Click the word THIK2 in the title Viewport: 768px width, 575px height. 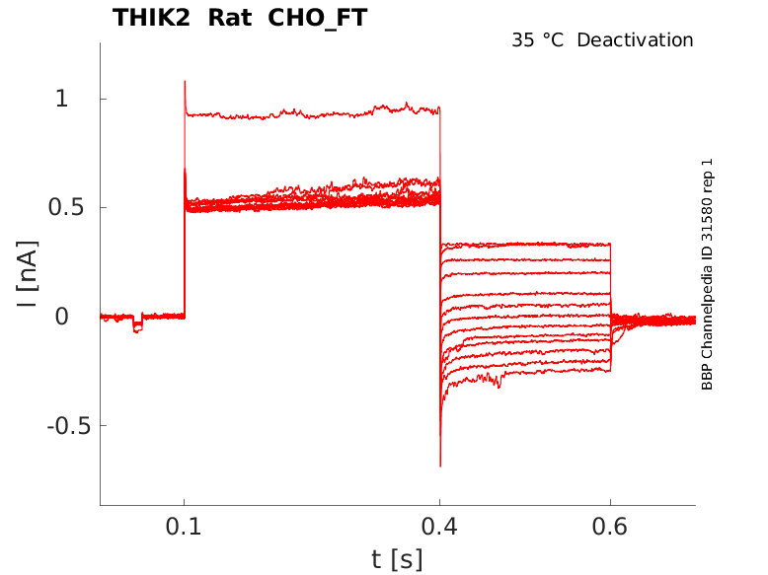tap(151, 18)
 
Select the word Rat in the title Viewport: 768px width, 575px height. tap(230, 18)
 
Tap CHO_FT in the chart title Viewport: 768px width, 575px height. tap(318, 19)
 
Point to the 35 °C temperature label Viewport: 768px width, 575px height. tap(537, 40)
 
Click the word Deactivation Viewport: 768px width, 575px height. tap(635, 40)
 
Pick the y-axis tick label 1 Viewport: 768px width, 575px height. tap(61, 99)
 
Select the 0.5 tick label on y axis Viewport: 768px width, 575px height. tap(66, 207)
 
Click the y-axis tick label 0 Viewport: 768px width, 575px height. tap(62, 317)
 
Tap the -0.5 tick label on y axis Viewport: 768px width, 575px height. tap(69, 426)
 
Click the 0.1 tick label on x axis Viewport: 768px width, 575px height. tap(184, 527)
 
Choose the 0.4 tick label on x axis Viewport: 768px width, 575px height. tap(439, 527)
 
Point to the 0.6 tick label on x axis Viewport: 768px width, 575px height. tap(610, 527)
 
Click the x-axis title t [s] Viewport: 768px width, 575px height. tap(397, 559)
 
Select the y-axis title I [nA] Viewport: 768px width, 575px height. tap(28, 273)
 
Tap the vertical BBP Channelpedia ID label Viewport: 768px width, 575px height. tap(707, 274)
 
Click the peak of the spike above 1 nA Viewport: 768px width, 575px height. tap(185, 81)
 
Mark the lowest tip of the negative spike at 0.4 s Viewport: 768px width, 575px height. tap(440, 466)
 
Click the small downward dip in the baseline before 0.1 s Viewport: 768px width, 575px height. tap(137, 326)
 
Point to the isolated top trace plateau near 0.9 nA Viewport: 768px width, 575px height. tap(313, 113)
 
